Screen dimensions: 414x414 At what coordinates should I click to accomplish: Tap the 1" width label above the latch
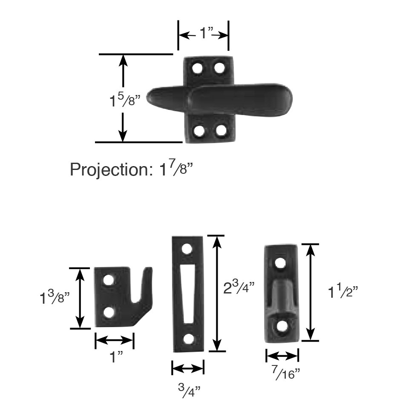click(207, 34)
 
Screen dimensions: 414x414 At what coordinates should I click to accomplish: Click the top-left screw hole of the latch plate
click(197, 68)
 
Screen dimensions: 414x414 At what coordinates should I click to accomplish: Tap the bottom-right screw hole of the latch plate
click(221, 130)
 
